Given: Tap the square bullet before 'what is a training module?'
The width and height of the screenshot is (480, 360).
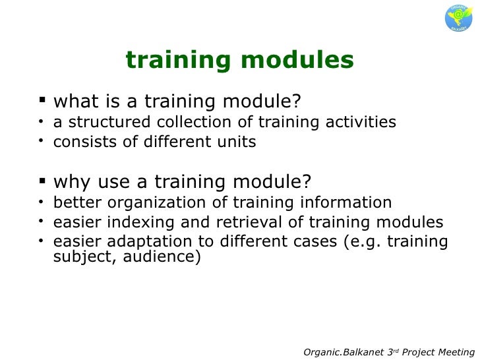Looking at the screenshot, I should click(44, 101).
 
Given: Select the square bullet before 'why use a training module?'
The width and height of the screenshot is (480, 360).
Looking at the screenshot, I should click(44, 180).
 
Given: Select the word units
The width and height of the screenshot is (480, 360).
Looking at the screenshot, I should click(237, 142).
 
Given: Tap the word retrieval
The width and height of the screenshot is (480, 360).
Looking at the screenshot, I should click(248, 222).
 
